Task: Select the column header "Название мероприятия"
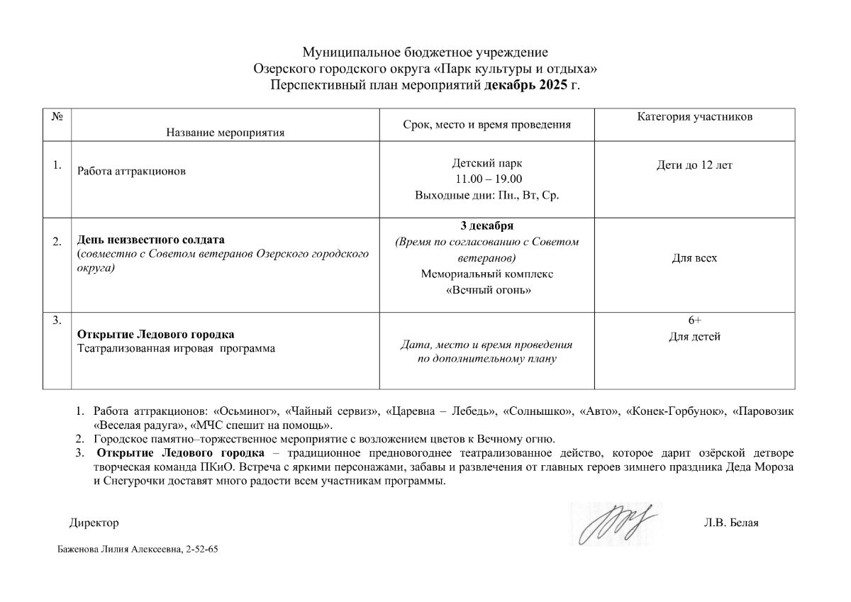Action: tap(226, 132)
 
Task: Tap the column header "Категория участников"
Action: tap(694, 117)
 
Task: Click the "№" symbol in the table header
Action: tap(57, 116)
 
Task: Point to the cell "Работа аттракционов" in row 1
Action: tap(133, 172)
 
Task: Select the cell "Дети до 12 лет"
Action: tap(694, 165)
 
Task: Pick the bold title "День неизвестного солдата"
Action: tap(150, 240)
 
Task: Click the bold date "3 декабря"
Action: tap(486, 226)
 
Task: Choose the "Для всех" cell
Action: tap(694, 258)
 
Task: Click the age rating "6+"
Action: tap(694, 320)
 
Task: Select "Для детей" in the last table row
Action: tap(694, 337)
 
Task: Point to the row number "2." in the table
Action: tap(57, 243)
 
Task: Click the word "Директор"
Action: tap(94, 523)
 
